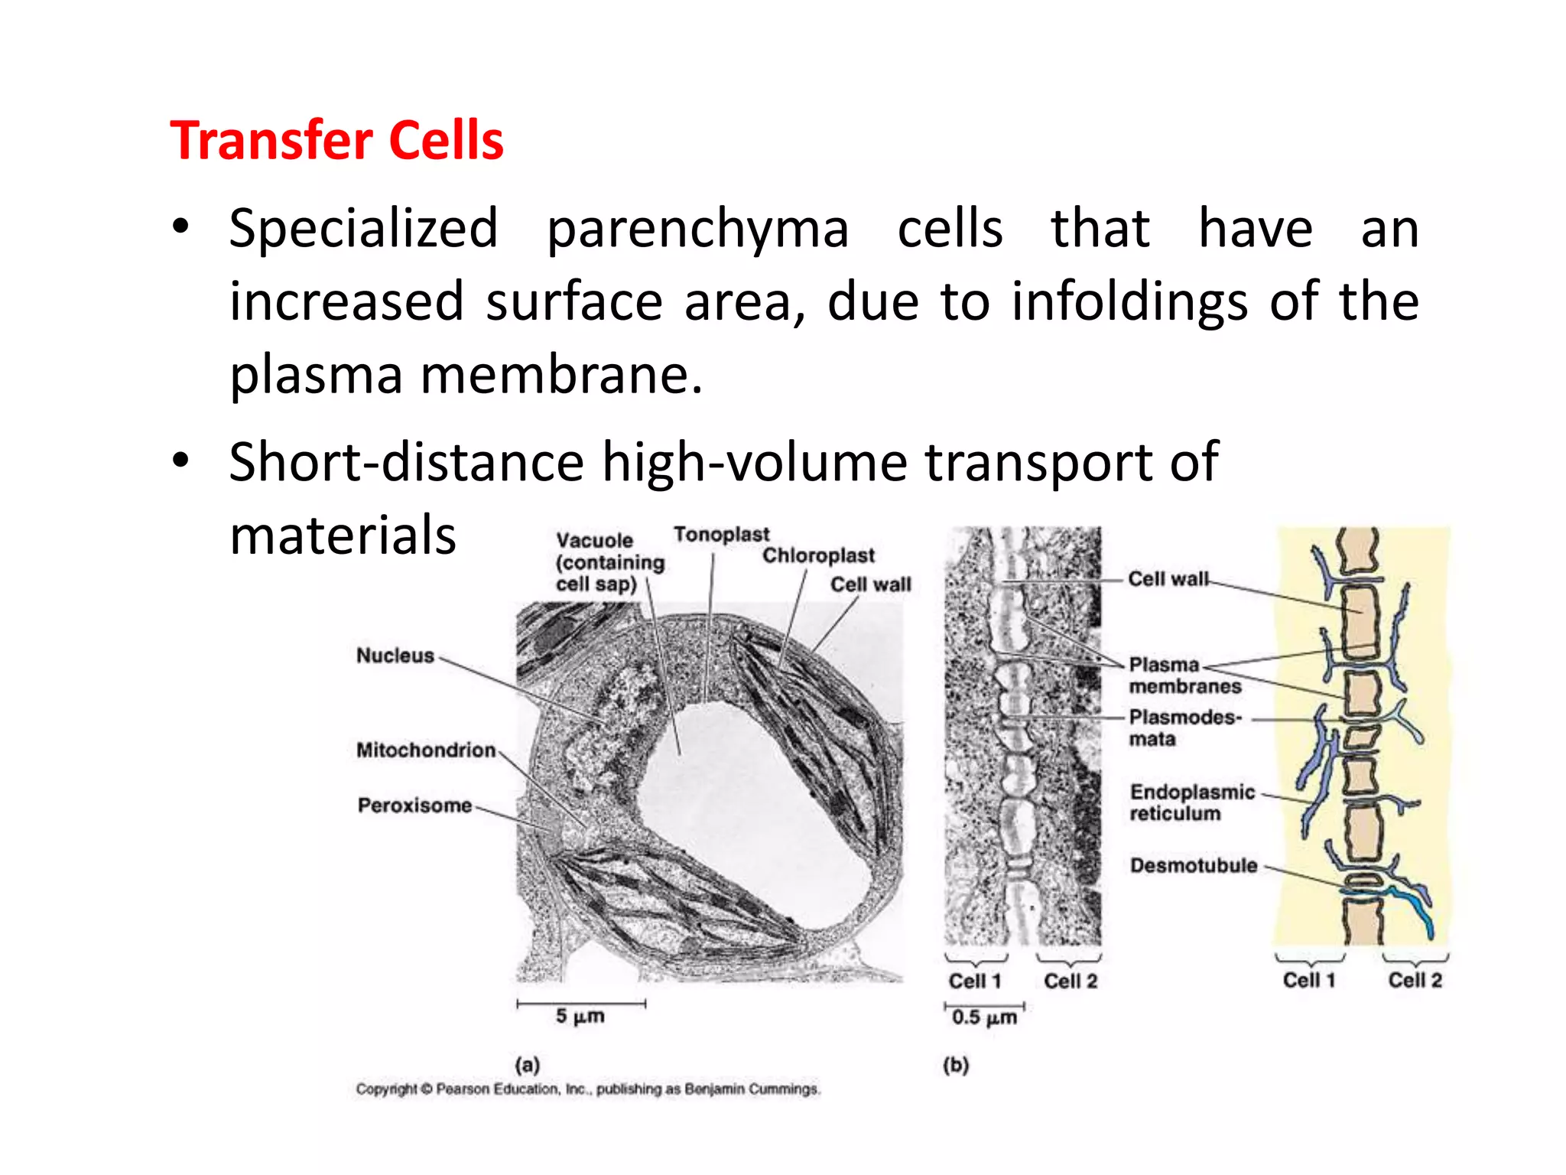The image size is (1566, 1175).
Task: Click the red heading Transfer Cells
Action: pyautogui.click(x=336, y=141)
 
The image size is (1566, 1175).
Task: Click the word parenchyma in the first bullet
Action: pyautogui.click(x=697, y=229)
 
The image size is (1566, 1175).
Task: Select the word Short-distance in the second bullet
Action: pyautogui.click(x=406, y=462)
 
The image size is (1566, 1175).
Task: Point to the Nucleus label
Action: pyautogui.click(x=395, y=656)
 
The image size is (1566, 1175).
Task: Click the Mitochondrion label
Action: pyautogui.click(x=426, y=750)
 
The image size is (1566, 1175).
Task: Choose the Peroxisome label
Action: pyautogui.click(x=414, y=806)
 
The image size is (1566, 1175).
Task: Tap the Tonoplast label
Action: pyautogui.click(x=721, y=535)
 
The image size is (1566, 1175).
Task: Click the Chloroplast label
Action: pyautogui.click(x=818, y=556)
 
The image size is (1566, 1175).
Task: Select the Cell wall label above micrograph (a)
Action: pyautogui.click(x=871, y=585)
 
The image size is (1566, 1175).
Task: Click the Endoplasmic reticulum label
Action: pyautogui.click(x=1192, y=802)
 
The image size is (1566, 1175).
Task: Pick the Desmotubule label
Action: pyautogui.click(x=1194, y=865)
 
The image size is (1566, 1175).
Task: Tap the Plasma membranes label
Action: pyautogui.click(x=1184, y=675)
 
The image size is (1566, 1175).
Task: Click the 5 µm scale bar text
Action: pyautogui.click(x=580, y=1017)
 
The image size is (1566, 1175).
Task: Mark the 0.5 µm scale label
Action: pyautogui.click(x=984, y=1017)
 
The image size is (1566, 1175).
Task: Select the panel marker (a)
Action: pyautogui.click(x=528, y=1064)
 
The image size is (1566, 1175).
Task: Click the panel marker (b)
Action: pyautogui.click(x=956, y=1064)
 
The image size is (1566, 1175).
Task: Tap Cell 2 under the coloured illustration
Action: pyautogui.click(x=1415, y=980)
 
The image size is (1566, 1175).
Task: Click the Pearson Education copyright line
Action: pyautogui.click(x=587, y=1089)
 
